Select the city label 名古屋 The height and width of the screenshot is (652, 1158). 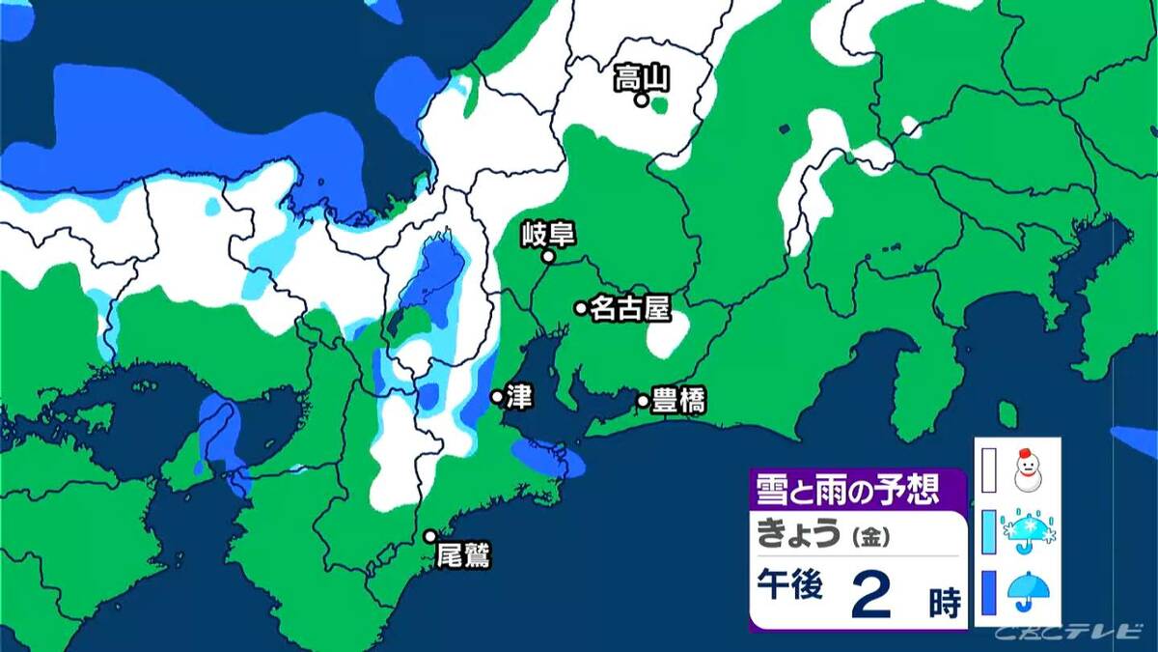coord(629,308)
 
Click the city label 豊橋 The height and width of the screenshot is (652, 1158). coord(679,401)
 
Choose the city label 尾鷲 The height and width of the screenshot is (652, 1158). coord(463,556)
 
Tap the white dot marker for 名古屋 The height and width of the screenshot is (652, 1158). coord(581,308)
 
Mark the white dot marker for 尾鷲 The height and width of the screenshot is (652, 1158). coord(430,536)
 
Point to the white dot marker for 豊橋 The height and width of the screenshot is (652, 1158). coord(643,401)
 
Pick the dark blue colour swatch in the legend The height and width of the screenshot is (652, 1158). coord(988,592)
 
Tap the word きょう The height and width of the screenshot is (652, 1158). coord(797,534)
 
